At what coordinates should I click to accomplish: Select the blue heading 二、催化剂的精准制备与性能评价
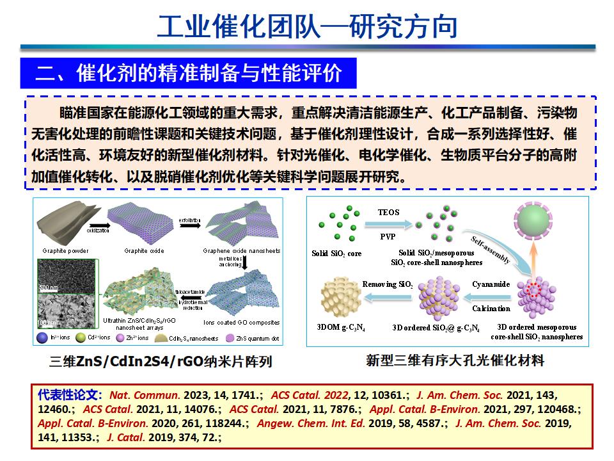tap(189, 73)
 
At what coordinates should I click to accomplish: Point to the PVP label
tap(388, 236)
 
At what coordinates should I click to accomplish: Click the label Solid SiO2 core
tap(336, 254)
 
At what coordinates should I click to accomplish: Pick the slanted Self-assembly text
tap(491, 250)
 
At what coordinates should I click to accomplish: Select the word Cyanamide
tap(491, 284)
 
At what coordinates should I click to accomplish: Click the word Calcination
tap(491, 309)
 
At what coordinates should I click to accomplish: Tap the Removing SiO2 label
tap(388, 284)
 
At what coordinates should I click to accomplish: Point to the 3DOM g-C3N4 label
tap(341, 328)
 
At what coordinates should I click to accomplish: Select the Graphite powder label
tap(66, 250)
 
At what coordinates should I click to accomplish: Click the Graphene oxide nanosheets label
tap(241, 250)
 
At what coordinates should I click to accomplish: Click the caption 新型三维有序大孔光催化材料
tap(455, 360)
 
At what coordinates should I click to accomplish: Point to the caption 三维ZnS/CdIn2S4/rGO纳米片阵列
tap(161, 362)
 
